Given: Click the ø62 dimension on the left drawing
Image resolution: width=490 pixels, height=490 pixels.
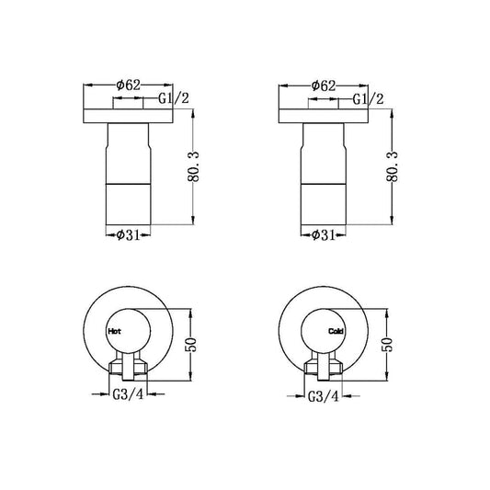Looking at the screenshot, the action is (x=129, y=85).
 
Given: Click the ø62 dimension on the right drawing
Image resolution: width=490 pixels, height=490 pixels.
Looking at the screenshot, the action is (x=324, y=85).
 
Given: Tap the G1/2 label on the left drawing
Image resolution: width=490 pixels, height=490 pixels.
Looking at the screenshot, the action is (x=174, y=98).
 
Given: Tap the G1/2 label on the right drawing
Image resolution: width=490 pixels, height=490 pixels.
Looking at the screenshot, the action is (x=368, y=99).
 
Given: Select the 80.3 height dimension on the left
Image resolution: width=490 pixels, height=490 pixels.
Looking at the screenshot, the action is (x=193, y=166).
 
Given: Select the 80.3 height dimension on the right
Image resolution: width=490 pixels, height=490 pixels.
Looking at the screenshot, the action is (x=393, y=166).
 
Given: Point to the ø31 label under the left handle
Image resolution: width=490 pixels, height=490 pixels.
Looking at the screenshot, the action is (x=129, y=234).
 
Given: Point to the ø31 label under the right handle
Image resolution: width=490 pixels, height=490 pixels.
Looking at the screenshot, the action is (x=324, y=235).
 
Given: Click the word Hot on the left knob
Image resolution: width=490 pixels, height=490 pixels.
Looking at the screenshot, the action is (x=114, y=331).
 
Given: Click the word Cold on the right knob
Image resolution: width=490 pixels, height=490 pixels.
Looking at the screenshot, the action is (x=336, y=331).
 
